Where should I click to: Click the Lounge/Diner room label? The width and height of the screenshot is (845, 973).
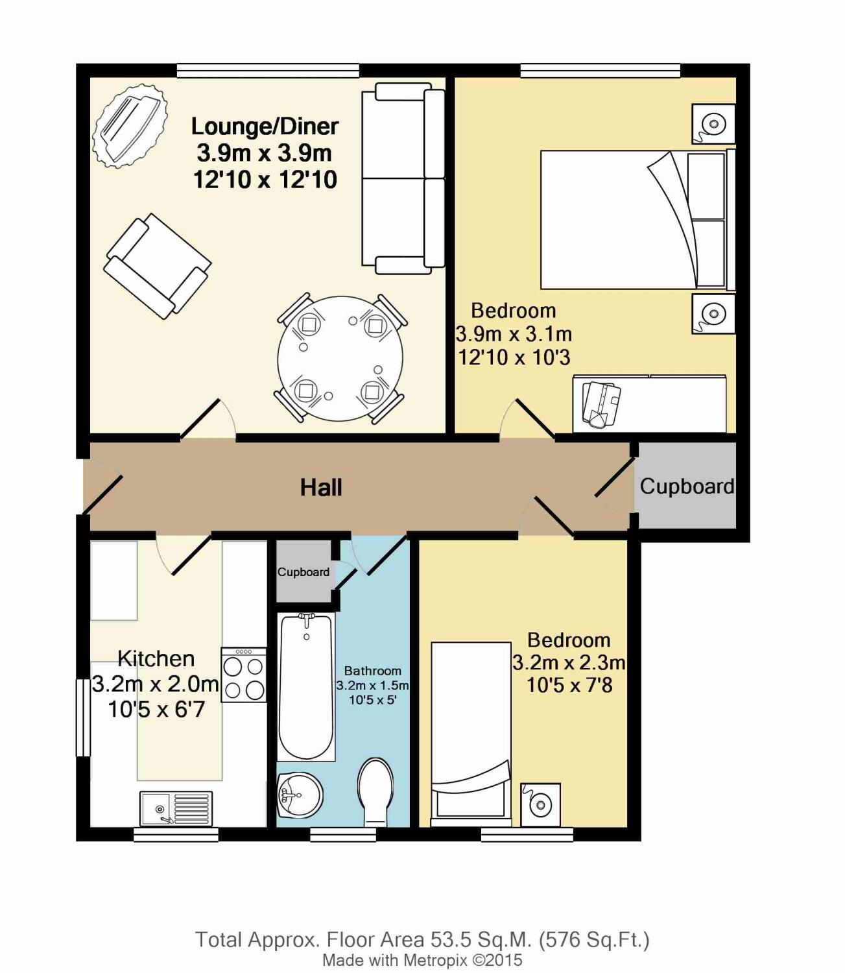tap(265, 126)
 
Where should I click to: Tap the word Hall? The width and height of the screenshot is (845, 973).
tap(321, 488)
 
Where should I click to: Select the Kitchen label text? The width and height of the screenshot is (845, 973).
tap(156, 658)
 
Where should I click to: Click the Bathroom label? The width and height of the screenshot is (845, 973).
tap(373, 671)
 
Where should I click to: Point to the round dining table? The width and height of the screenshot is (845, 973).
tap(340, 358)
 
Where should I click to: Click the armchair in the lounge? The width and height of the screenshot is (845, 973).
tap(158, 266)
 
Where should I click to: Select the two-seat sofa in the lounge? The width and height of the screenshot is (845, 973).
tap(403, 178)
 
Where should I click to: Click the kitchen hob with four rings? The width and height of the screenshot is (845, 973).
tap(244, 675)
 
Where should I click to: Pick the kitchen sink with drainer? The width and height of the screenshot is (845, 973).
tap(176, 808)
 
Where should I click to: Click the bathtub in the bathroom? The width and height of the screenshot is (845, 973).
tap(307, 686)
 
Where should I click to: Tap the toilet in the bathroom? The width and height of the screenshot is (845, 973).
tap(375, 793)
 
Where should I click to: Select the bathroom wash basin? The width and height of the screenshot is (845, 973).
tap(300, 795)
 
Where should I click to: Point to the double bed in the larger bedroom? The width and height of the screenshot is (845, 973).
tap(637, 220)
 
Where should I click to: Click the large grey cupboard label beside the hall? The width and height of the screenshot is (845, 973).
tap(686, 486)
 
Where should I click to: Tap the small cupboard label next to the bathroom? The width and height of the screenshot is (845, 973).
tap(303, 571)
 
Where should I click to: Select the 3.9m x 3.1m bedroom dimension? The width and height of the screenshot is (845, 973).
tap(514, 334)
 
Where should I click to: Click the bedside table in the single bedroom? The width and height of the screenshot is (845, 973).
tap(540, 805)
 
